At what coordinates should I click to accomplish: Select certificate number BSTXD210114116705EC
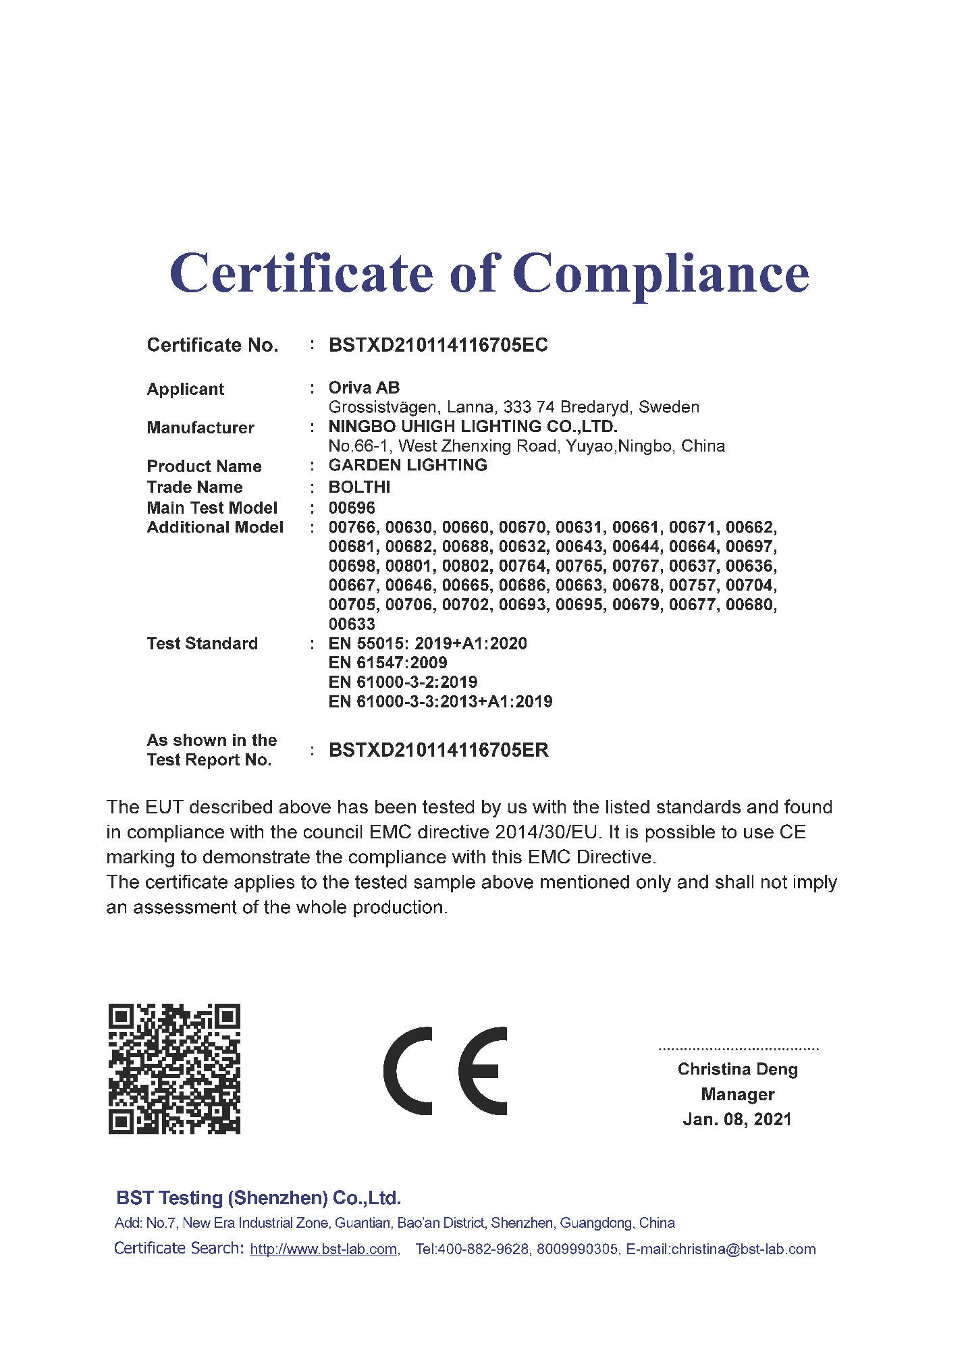point(438,346)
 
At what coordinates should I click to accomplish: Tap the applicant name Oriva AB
point(364,388)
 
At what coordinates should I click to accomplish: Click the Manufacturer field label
point(200,428)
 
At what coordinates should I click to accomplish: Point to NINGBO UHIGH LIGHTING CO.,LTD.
point(473,427)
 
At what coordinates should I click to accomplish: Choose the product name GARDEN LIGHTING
point(408,466)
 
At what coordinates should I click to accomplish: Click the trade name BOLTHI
point(359,487)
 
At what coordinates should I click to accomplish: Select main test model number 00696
point(352,508)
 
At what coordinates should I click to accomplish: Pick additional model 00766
point(352,528)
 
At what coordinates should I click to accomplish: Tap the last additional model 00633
point(352,624)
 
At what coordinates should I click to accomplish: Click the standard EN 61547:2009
point(387,663)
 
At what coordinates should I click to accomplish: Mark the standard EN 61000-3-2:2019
point(402,682)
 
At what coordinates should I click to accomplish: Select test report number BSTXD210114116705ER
point(438,751)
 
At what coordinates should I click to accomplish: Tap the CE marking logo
point(446,1071)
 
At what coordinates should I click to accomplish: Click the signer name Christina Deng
point(737,1070)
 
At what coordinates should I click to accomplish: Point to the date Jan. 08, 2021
point(737,1120)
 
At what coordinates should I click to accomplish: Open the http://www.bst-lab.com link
point(323,1249)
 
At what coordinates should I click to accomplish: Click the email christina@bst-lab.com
point(743,1249)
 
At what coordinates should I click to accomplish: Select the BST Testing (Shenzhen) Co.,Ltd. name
point(259,1198)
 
